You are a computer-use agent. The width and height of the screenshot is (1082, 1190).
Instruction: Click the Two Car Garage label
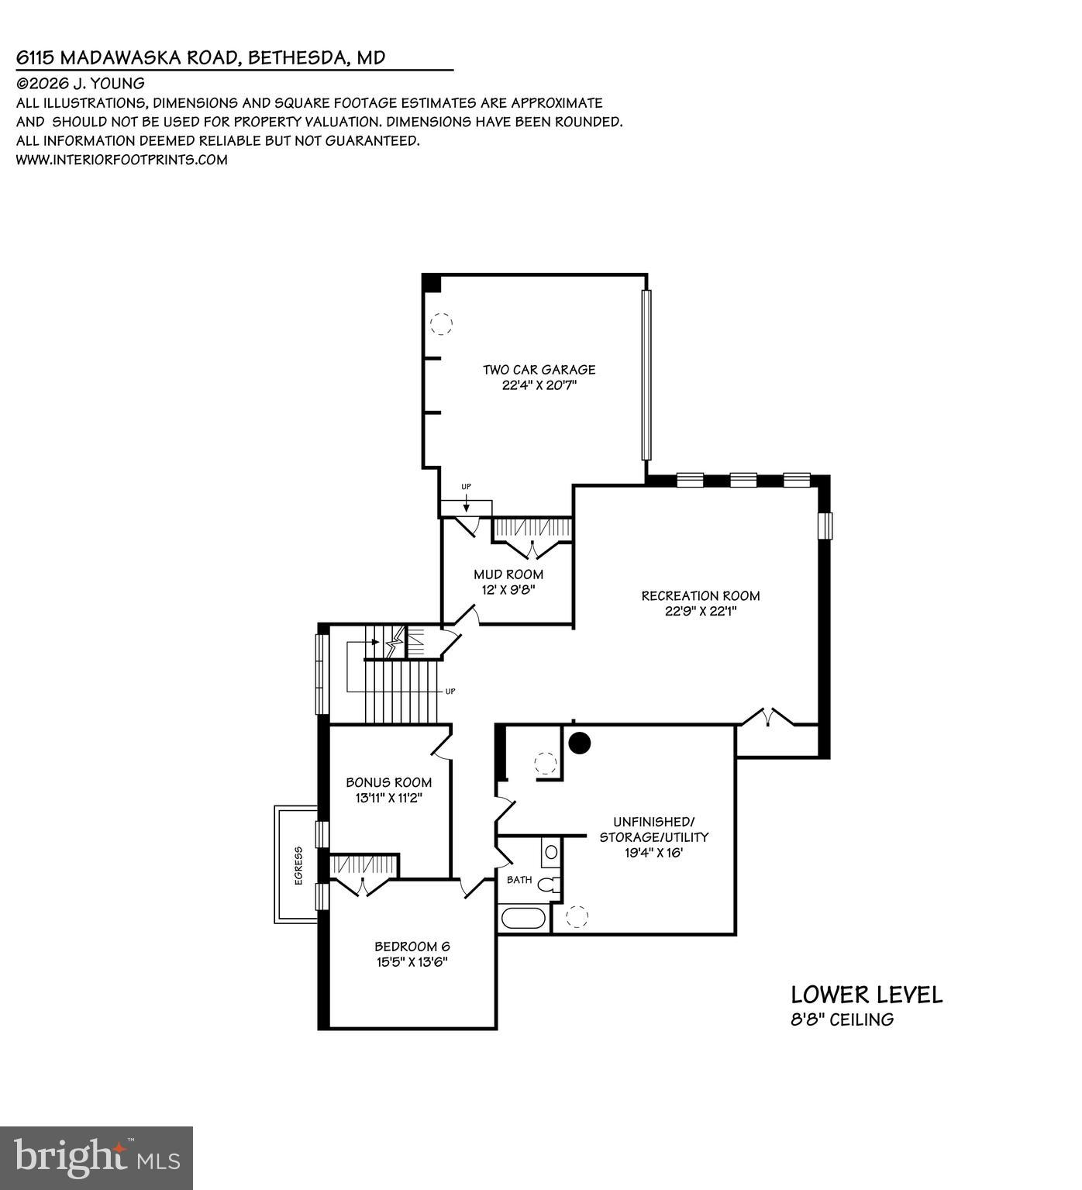click(539, 370)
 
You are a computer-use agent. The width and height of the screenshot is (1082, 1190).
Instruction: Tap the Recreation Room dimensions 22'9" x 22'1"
click(700, 611)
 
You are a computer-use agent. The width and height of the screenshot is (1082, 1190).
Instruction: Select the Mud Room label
click(508, 574)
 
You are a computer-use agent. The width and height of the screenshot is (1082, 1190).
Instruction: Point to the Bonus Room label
click(388, 782)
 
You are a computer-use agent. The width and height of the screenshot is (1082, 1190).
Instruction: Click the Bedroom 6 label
click(412, 947)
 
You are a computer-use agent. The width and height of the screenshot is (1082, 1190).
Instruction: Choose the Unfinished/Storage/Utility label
click(653, 829)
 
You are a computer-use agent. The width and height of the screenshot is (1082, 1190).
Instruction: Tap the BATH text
click(519, 880)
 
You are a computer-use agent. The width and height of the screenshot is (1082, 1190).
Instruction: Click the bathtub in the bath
click(524, 919)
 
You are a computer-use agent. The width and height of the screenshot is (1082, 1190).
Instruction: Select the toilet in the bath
click(550, 884)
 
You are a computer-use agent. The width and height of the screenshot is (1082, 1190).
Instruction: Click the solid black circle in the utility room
click(580, 743)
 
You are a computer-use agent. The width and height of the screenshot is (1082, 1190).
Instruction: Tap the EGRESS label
click(298, 864)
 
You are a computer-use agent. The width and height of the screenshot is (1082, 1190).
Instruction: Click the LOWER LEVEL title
click(867, 995)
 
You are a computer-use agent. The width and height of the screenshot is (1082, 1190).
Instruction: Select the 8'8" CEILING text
click(842, 1019)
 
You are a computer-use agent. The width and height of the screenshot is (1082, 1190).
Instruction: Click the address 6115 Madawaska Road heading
click(201, 57)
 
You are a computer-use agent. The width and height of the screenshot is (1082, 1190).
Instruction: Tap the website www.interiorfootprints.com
click(122, 160)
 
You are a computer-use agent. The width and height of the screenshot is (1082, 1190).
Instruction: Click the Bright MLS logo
click(96, 1158)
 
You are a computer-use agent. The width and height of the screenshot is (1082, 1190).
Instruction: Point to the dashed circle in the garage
click(441, 323)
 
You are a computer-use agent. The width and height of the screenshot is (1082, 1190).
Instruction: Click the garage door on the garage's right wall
click(646, 375)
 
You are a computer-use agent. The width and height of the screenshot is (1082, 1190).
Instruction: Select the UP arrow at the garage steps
click(466, 502)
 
